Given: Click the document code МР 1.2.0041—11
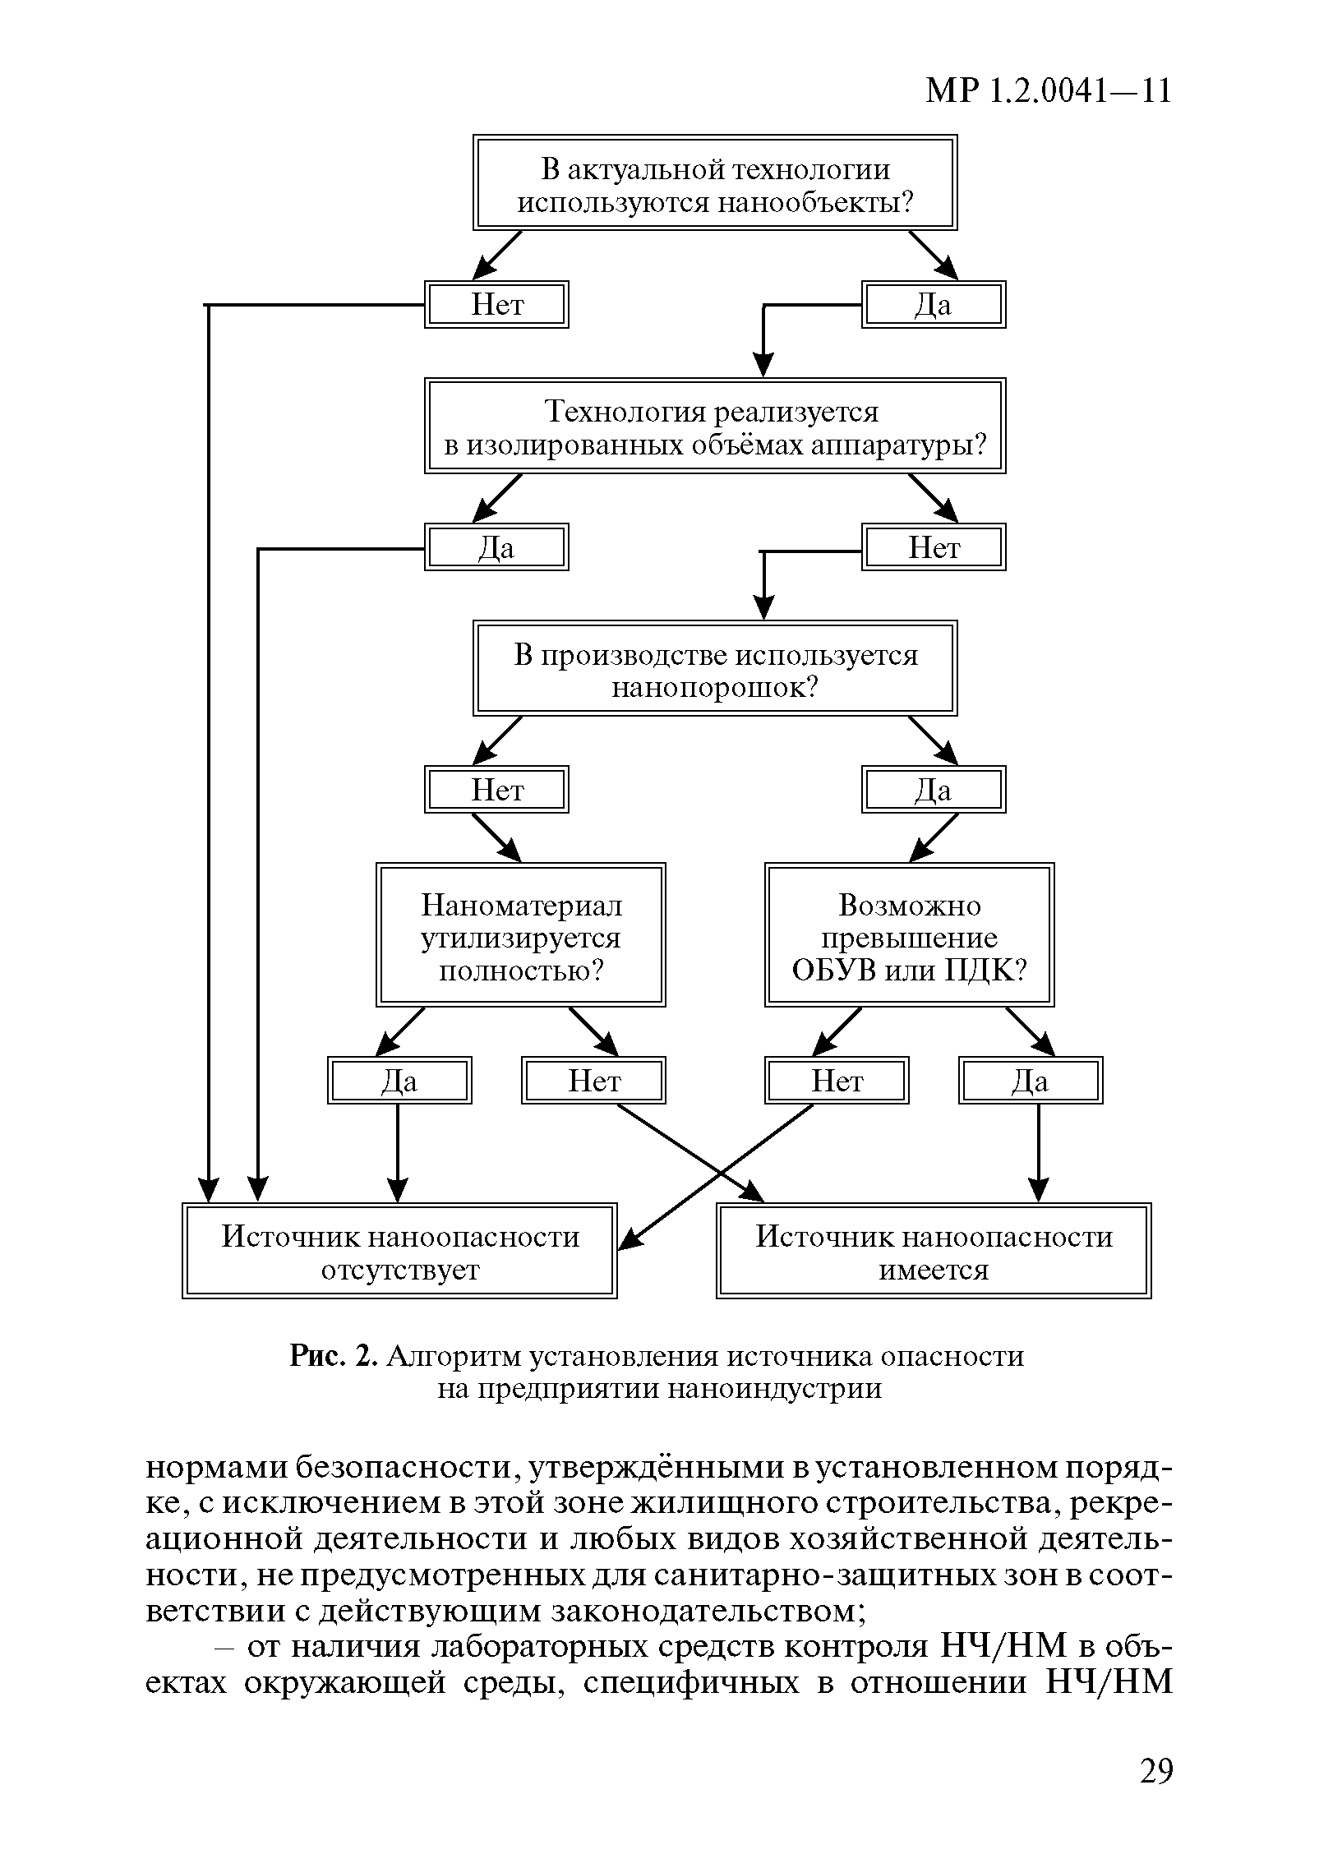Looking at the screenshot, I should click(1049, 91).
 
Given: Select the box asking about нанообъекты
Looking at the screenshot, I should click(715, 182).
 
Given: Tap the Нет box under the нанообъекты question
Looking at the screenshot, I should click(496, 305).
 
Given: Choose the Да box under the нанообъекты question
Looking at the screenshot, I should click(933, 305).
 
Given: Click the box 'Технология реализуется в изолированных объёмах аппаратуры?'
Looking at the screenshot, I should click(715, 426).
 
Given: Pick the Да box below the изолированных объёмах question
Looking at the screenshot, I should click(496, 547).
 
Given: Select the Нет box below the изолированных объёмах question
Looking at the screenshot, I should click(933, 547).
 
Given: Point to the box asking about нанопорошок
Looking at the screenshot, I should click(715, 668).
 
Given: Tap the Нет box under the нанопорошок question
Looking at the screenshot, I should click(496, 790).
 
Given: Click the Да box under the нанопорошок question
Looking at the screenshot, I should click(933, 790).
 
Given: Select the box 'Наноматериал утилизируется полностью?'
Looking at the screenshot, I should click(521, 935).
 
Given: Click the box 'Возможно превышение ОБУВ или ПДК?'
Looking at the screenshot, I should click(909, 935).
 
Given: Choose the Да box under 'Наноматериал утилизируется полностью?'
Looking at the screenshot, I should click(399, 1080).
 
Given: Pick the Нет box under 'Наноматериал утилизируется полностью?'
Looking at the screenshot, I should click(593, 1080).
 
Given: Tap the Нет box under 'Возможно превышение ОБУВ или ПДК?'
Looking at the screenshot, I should click(837, 1080).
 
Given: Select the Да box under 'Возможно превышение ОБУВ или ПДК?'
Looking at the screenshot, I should click(1031, 1080).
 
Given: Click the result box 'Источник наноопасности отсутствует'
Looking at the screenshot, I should click(399, 1251).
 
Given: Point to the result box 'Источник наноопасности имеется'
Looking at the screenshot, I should click(934, 1251).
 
